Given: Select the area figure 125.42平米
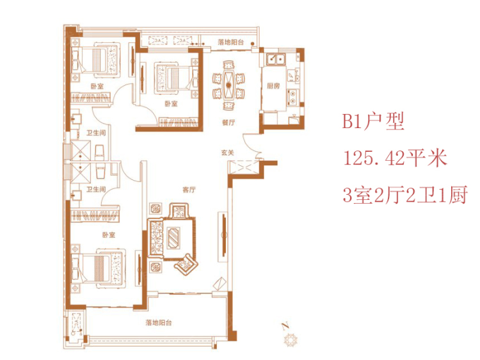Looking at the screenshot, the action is pyautogui.click(x=395, y=158).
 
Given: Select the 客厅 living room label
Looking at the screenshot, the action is pyautogui.click(x=188, y=190).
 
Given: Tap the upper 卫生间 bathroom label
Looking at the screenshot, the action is pyautogui.click(x=96, y=133).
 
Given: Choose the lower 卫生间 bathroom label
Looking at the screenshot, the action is pyautogui.click(x=96, y=190).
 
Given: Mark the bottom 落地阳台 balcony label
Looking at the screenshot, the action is pyautogui.click(x=158, y=323).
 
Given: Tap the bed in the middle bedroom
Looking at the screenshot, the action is pyautogui.click(x=173, y=76).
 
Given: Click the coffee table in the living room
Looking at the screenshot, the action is pyautogui.click(x=175, y=236).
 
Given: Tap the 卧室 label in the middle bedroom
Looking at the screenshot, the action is pyautogui.click(x=170, y=103).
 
